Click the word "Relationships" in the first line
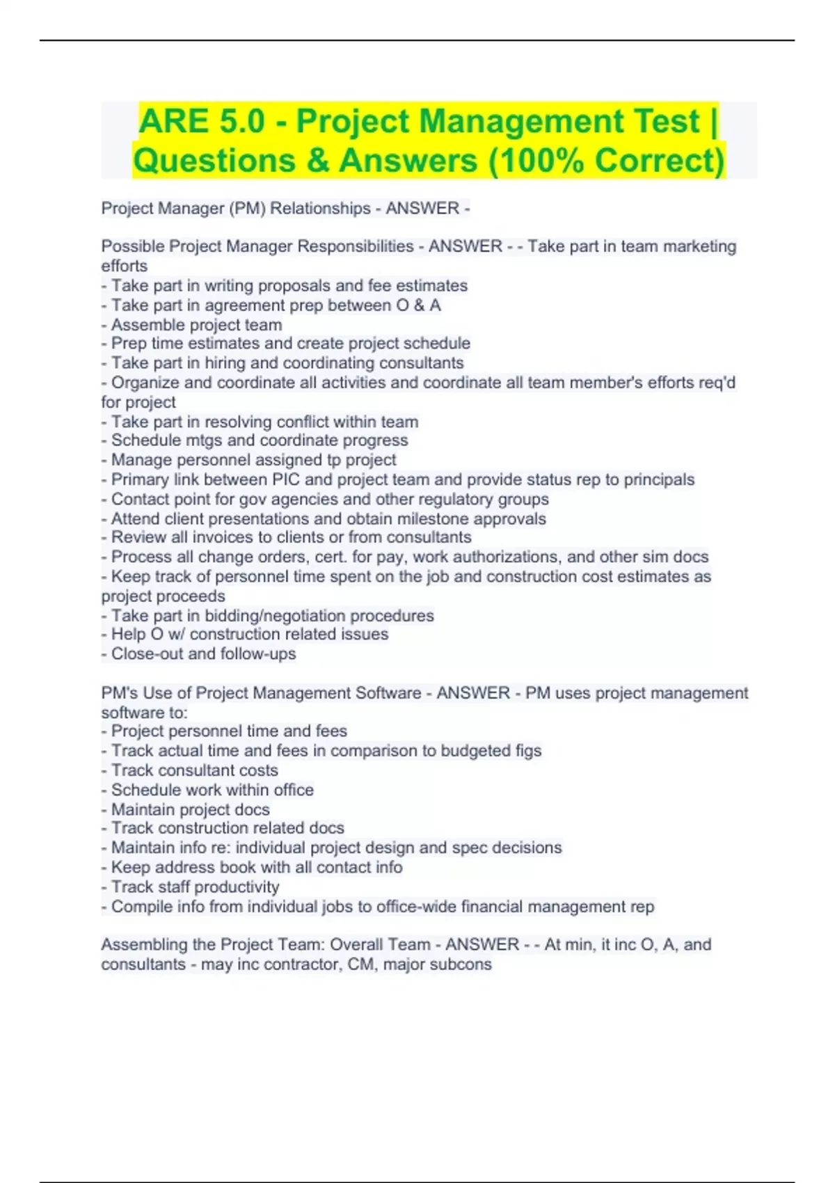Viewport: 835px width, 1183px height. coord(320,209)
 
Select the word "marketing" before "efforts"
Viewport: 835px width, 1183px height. coord(699,246)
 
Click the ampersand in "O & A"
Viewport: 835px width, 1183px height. coord(420,305)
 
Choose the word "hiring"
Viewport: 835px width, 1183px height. coord(225,363)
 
